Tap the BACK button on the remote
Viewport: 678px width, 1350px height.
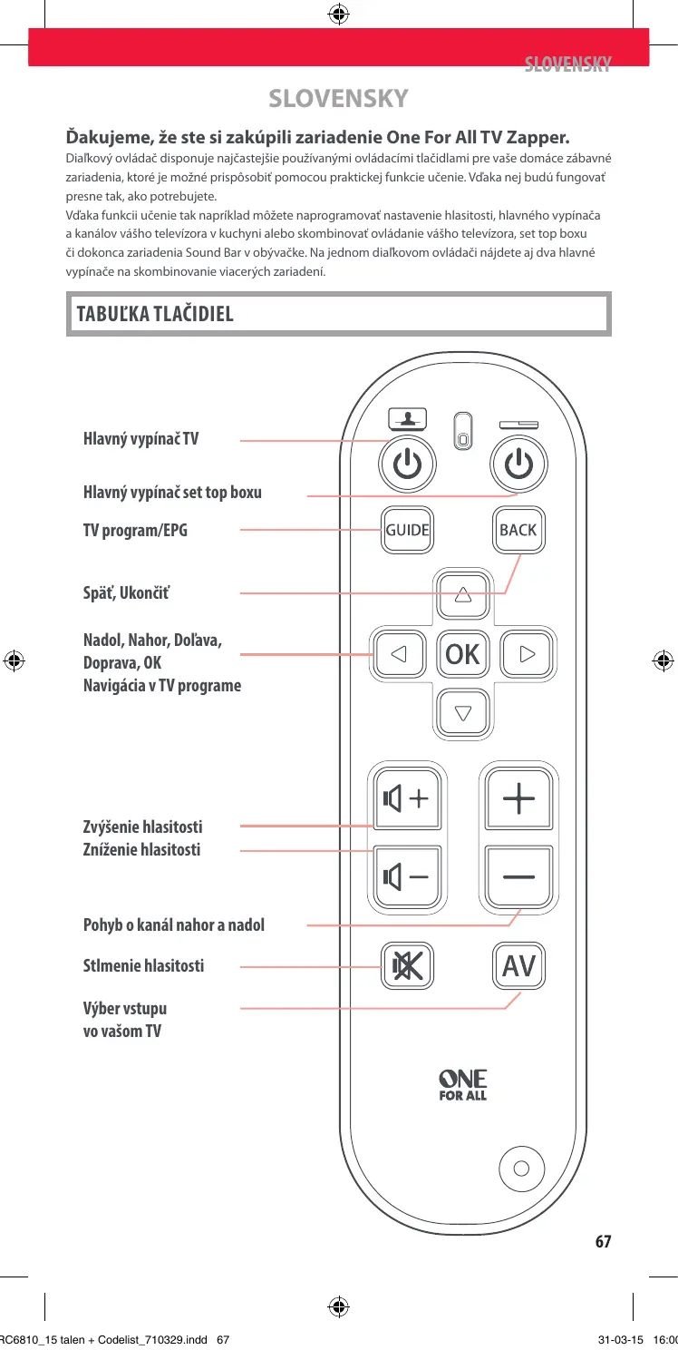518,530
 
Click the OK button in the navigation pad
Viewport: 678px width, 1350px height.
463,653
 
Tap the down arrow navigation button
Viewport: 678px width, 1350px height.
463,712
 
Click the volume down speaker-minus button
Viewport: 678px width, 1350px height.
405,876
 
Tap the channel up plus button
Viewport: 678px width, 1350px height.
518,800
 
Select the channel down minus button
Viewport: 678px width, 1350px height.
518,876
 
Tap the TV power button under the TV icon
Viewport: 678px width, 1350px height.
408,465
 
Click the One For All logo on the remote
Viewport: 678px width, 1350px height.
463,1084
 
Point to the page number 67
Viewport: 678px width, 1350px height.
604,1242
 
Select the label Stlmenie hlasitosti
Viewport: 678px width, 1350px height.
143,965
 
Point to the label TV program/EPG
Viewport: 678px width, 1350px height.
135,530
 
